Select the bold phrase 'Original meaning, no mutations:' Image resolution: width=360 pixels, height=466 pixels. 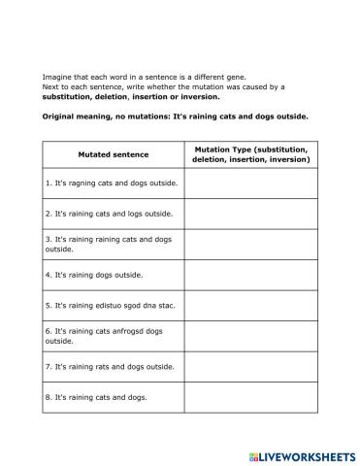coord(107,116)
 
